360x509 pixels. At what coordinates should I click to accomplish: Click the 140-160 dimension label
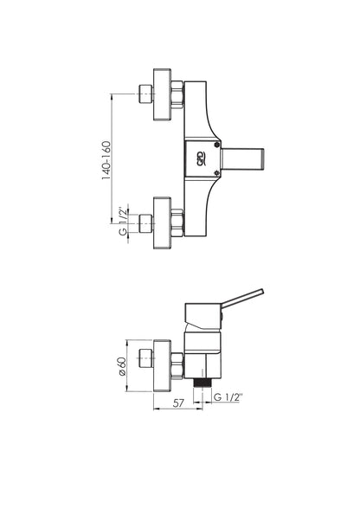tap(106, 160)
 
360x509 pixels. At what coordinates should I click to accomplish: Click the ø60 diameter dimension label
tap(122, 366)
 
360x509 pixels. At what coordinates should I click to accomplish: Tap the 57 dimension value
tap(178, 403)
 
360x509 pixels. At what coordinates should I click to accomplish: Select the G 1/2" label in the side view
tap(228, 396)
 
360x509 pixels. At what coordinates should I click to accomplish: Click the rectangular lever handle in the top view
tap(242, 159)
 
